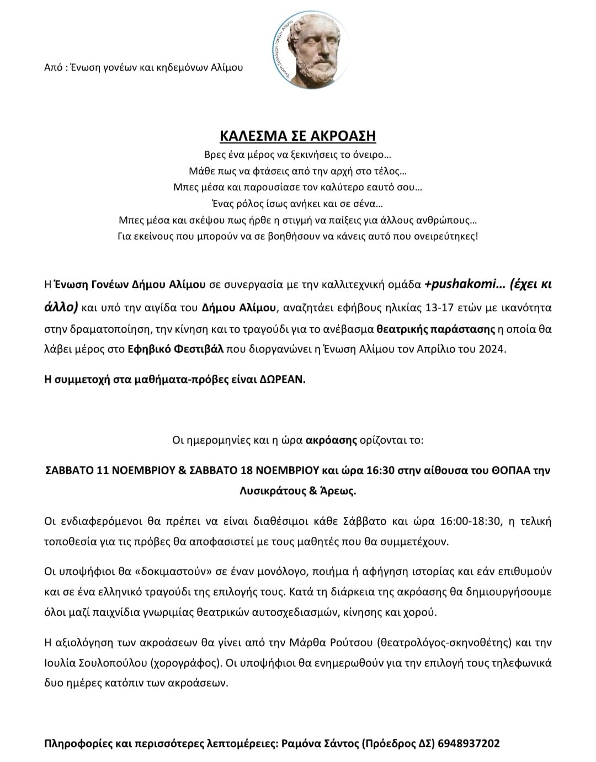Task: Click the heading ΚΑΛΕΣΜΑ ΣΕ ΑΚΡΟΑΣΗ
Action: (297, 136)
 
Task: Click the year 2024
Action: (493, 349)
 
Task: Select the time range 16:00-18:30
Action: (472, 521)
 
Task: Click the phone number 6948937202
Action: (469, 743)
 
